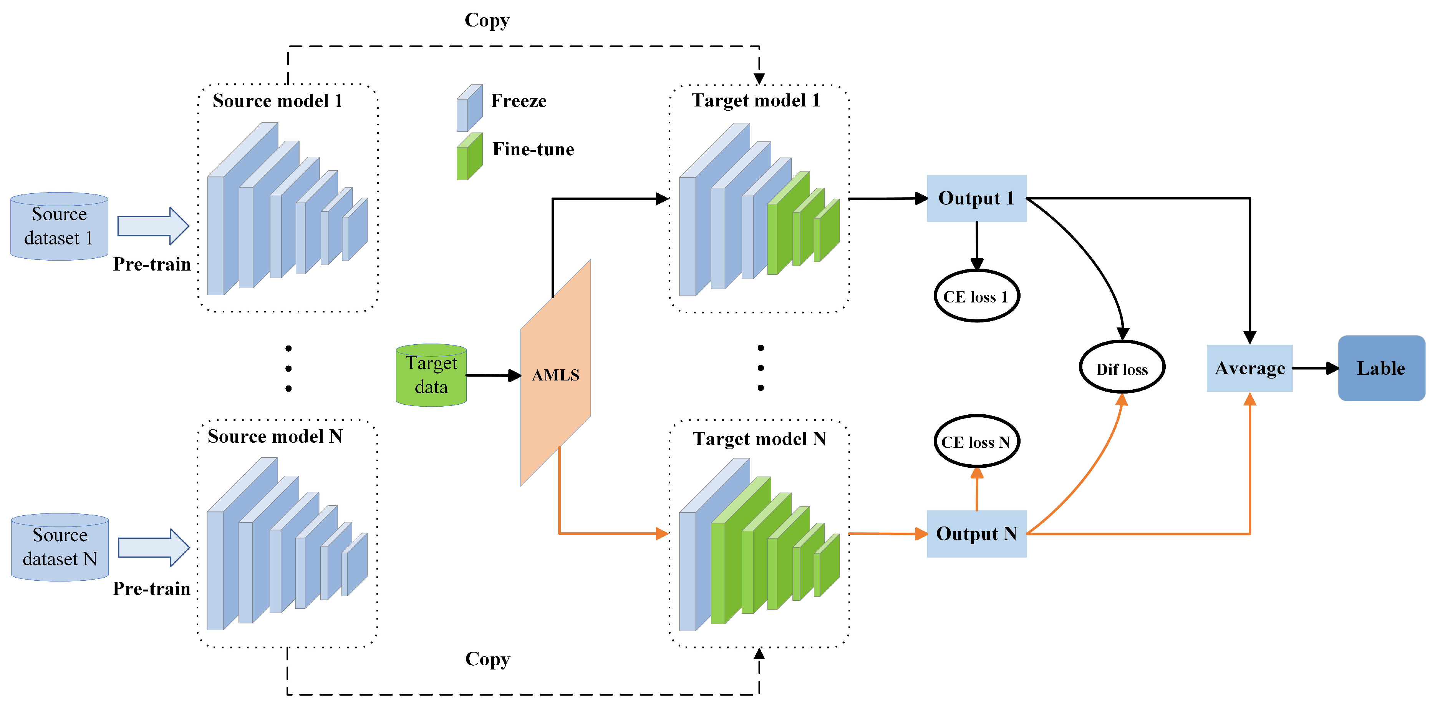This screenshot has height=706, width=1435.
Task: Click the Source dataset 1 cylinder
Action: click(x=59, y=226)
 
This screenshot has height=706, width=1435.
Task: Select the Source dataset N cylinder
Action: click(x=60, y=547)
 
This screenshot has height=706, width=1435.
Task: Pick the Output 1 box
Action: click(x=976, y=198)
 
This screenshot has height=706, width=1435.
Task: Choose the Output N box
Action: click(x=976, y=534)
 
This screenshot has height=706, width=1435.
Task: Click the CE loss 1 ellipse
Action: click(x=976, y=296)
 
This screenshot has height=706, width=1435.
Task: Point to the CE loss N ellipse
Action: click(x=976, y=442)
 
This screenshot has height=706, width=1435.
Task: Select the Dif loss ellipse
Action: click(x=1121, y=368)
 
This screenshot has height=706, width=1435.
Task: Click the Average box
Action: click(x=1249, y=368)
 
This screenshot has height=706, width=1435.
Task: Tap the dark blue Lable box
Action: click(x=1380, y=368)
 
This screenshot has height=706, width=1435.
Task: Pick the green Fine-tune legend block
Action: click(x=469, y=156)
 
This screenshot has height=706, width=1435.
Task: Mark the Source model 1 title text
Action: click(x=277, y=101)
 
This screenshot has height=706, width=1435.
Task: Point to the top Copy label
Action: click(x=487, y=20)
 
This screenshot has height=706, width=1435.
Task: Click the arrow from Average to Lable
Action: click(x=1315, y=368)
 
